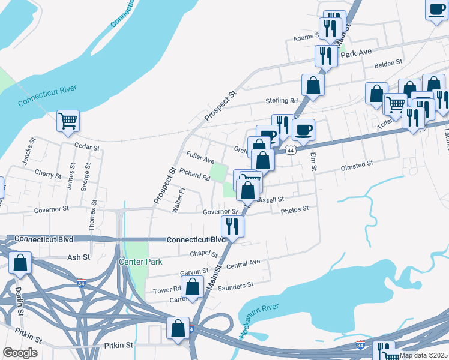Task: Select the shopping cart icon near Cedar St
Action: [68, 121]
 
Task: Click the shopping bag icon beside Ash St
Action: [20, 263]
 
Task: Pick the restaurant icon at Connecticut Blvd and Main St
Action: [232, 226]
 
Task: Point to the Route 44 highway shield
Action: [291, 150]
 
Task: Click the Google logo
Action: [20, 353]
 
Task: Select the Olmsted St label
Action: [357, 163]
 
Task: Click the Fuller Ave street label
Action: [200, 160]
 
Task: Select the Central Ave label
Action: [243, 263]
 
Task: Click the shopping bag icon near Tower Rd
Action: [192, 286]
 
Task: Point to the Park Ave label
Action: [356, 53]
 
